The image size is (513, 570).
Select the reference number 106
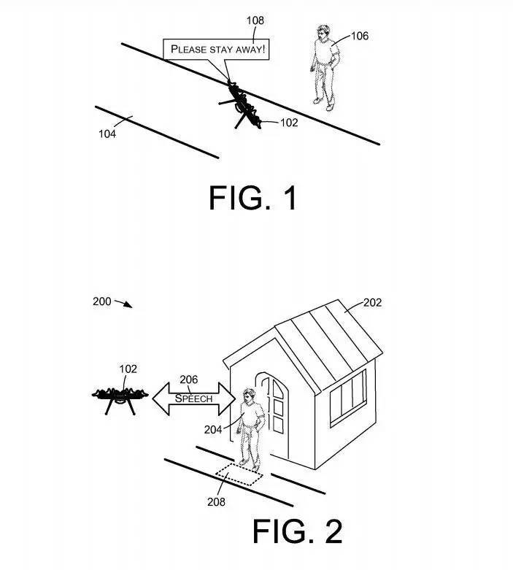(360, 35)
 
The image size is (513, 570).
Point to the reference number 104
(107, 133)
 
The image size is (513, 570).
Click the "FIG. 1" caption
(252, 197)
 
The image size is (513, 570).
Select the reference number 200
(102, 301)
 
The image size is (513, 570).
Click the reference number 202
(372, 302)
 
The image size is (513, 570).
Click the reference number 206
(189, 379)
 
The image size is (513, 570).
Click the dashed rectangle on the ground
(239, 474)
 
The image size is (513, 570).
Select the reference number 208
(216, 501)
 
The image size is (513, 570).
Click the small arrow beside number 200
(126, 304)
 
